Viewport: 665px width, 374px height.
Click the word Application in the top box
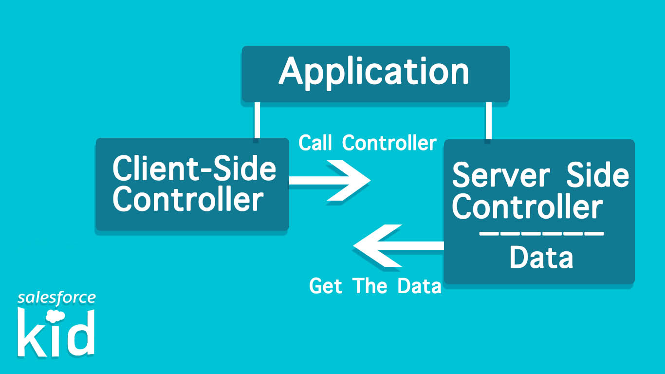[x=374, y=72]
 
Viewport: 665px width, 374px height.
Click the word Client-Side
[x=194, y=168]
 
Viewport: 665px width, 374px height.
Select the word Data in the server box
[x=541, y=258]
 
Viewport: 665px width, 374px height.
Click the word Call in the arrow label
[x=316, y=143]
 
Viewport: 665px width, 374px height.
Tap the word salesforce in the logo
[x=56, y=298]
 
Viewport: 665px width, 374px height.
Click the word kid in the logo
[x=56, y=334]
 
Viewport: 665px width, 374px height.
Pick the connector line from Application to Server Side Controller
[x=488, y=121]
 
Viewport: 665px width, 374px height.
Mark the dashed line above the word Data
[x=541, y=234]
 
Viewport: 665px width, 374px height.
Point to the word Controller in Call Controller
[x=389, y=143]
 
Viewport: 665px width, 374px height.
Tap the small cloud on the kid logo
[x=58, y=315]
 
